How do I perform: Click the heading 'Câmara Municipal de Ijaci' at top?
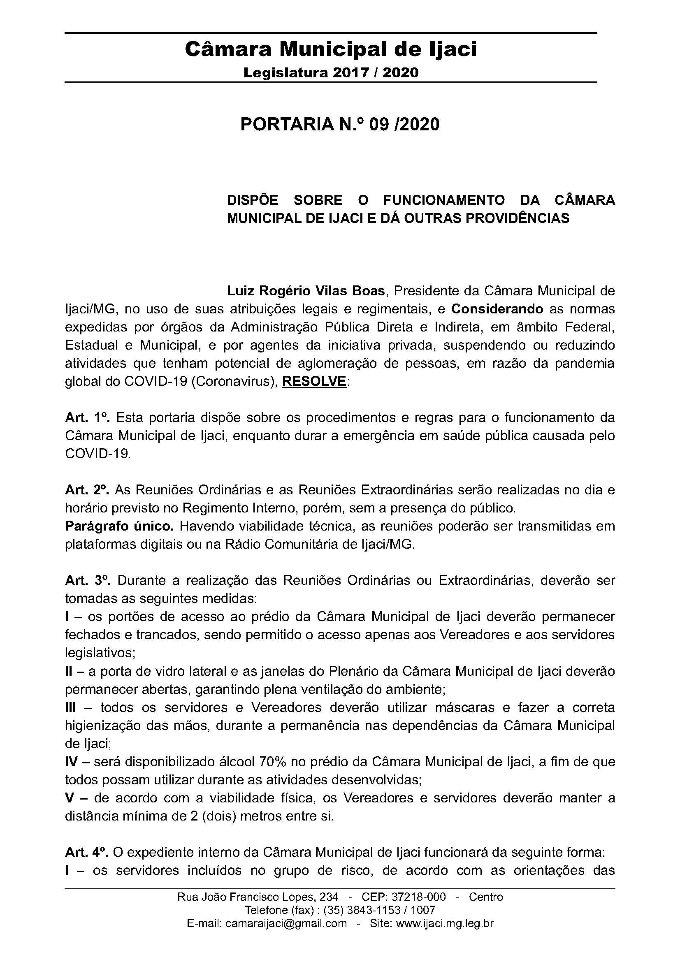331,50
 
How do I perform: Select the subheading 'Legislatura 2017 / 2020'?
331,73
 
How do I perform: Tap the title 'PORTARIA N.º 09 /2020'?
340,125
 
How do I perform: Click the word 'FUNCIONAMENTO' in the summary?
444,200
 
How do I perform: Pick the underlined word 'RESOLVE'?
314,381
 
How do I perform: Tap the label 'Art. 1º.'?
87,418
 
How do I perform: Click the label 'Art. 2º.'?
87,490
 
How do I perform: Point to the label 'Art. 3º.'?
88,581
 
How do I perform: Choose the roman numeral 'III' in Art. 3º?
71,708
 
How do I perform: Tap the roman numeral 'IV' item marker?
72,762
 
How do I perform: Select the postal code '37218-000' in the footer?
418,897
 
